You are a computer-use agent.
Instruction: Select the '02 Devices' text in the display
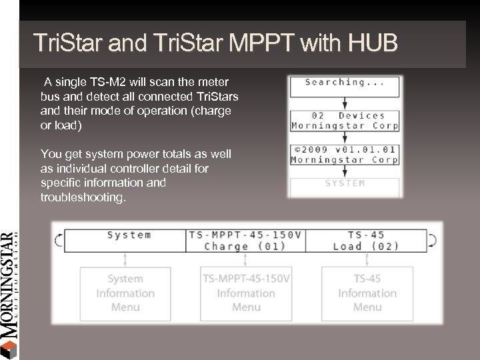point(345,115)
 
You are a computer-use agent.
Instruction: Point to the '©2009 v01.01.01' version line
point(345,149)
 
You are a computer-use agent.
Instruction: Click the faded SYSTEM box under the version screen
point(345,183)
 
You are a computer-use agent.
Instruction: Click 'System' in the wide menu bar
point(129,235)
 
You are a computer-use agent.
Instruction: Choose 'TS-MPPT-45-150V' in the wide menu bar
point(245,235)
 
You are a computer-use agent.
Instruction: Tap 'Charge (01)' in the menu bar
point(245,246)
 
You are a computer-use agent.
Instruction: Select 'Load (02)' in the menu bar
point(366,246)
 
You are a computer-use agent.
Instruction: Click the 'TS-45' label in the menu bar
point(366,235)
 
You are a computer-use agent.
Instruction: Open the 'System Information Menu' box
point(125,293)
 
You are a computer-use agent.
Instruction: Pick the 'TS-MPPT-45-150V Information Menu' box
point(245,293)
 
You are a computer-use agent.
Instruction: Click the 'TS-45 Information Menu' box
point(367,293)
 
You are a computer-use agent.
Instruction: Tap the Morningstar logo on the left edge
point(8,293)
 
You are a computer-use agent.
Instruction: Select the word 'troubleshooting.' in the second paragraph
point(82,198)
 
